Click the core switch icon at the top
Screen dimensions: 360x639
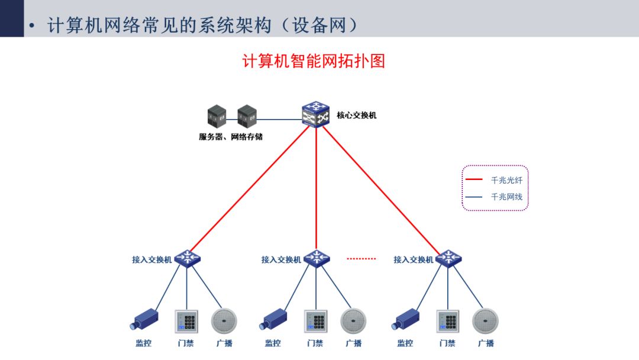(316, 114)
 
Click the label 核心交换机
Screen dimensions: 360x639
(357, 115)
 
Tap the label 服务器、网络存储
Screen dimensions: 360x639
(231, 137)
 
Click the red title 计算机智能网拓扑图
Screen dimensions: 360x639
(314, 61)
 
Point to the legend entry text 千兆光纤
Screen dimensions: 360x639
(506, 180)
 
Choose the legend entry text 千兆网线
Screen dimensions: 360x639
(506, 197)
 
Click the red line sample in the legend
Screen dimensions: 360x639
(475, 180)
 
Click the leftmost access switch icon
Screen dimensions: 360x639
(188, 259)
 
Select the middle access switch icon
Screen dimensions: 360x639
(317, 259)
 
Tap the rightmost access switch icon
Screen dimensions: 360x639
(448, 259)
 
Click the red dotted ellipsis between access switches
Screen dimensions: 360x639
(361, 259)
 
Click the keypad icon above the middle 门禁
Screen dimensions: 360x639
(316, 322)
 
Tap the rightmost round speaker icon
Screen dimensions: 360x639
(485, 321)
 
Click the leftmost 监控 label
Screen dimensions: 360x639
(144, 343)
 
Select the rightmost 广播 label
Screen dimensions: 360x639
(486, 343)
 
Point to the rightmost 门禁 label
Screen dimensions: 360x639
(447, 343)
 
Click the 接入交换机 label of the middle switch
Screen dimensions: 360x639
(281, 259)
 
